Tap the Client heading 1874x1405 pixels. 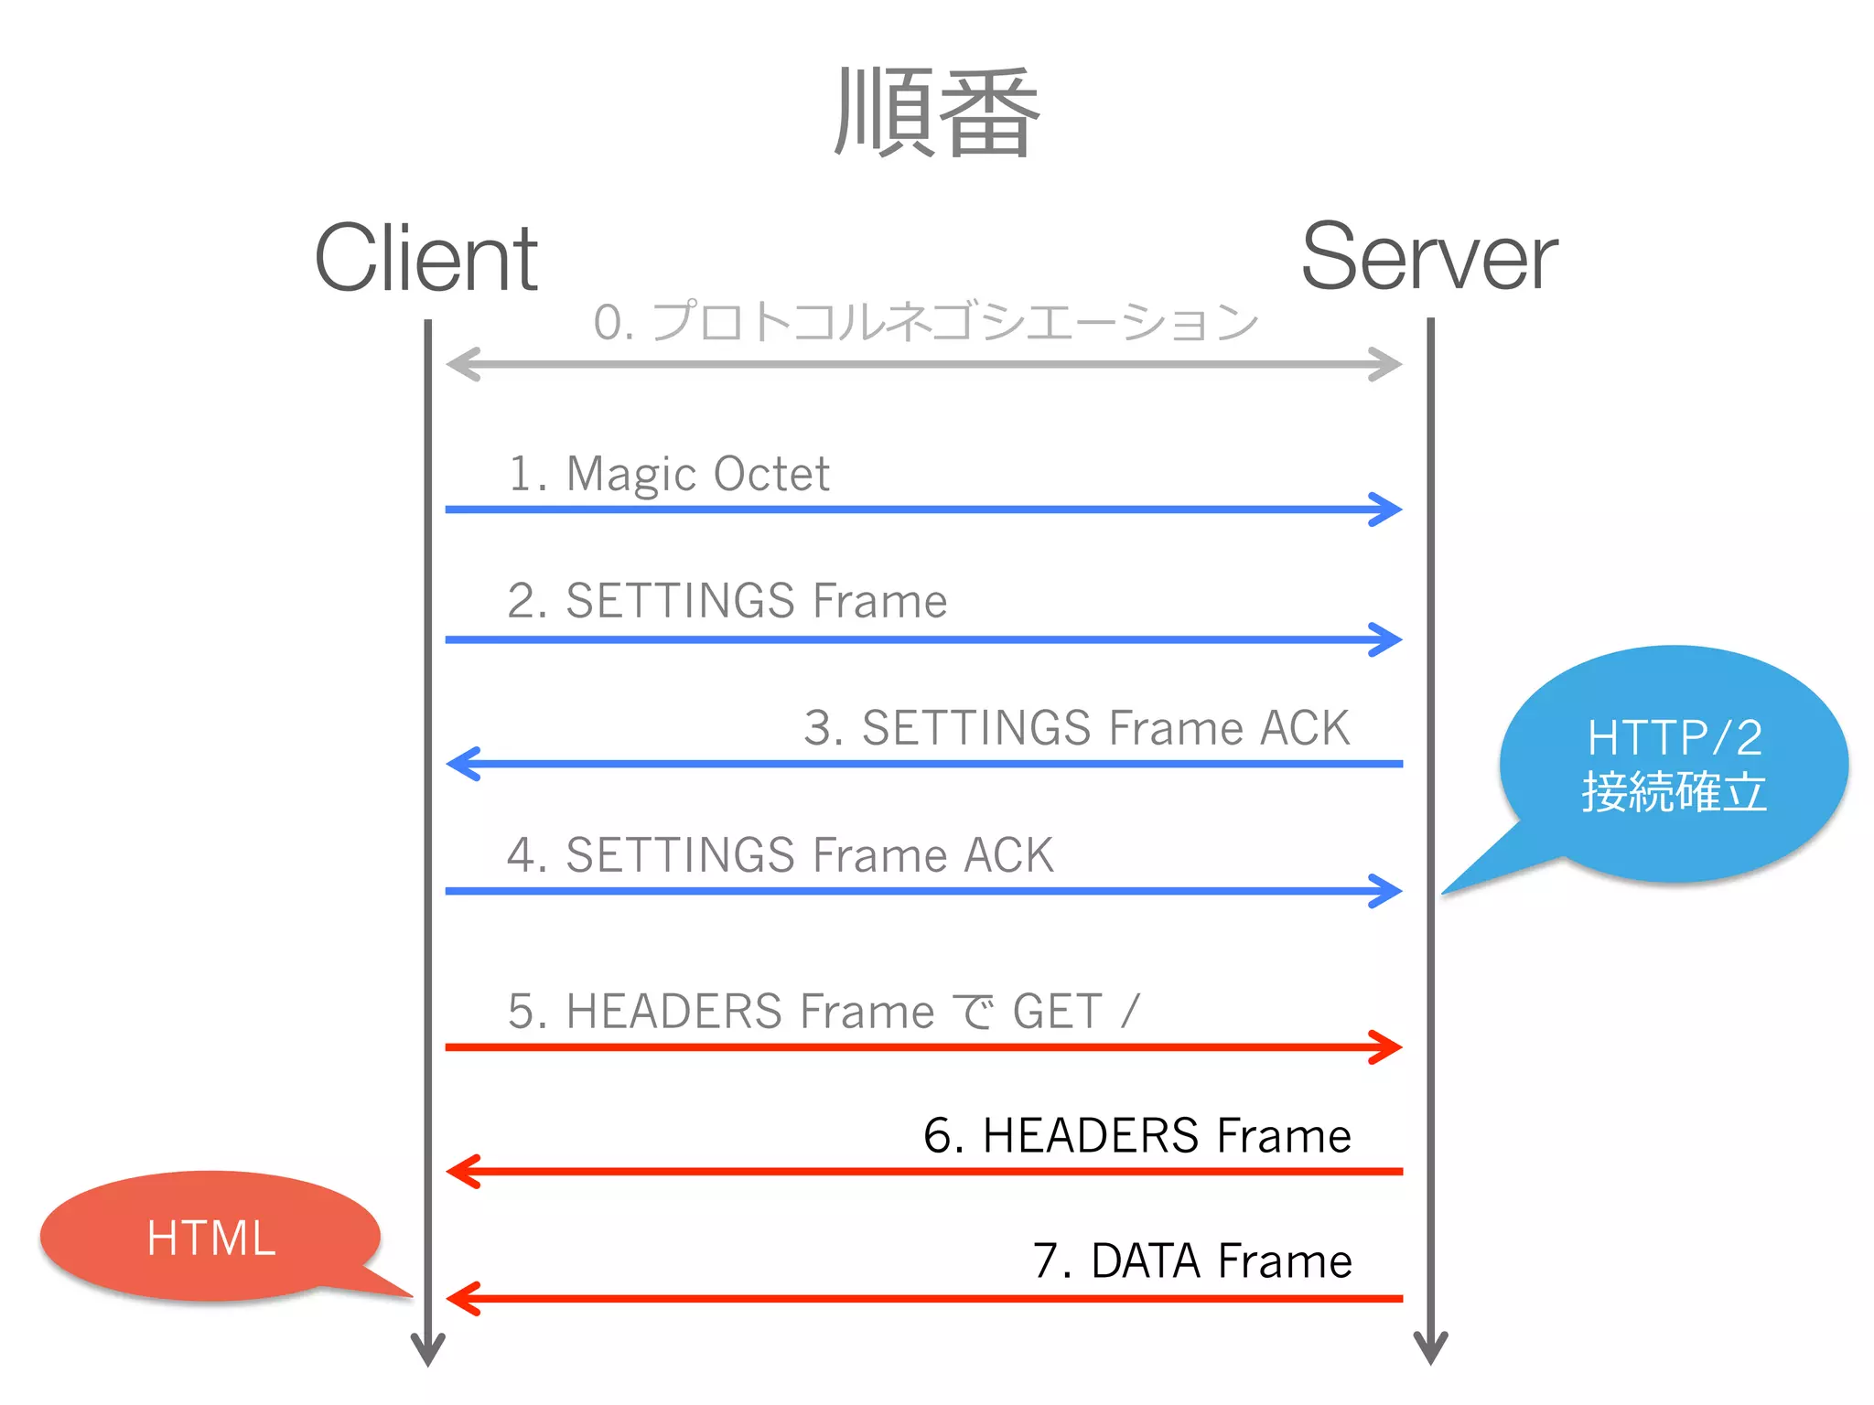(426, 259)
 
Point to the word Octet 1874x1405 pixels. (771, 474)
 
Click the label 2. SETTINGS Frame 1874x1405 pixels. (727, 601)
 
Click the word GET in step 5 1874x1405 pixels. (1057, 1012)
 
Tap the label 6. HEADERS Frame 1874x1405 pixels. (1136, 1136)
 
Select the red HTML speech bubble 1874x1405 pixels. (210, 1237)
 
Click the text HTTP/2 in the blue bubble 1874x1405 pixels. (1675, 737)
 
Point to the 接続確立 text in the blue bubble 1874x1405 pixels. (1675, 792)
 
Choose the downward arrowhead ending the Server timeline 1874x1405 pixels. (1430, 1349)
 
